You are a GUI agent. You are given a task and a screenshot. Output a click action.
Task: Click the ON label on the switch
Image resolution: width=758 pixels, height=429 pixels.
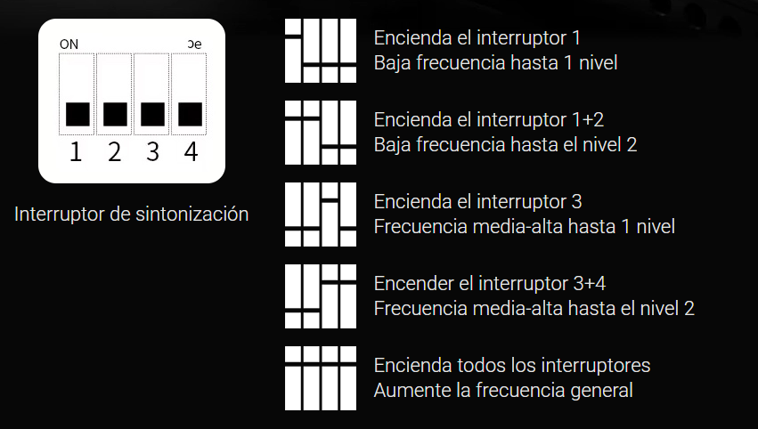pos(69,45)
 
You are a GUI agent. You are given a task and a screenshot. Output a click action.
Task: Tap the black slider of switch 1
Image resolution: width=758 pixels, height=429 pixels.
pos(77,115)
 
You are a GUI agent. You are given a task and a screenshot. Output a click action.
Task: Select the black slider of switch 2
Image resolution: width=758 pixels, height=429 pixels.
pos(115,115)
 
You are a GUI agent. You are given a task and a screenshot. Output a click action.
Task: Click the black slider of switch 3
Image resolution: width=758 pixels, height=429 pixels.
pos(152,115)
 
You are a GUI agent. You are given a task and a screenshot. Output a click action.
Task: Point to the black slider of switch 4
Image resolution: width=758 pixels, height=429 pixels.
pos(190,115)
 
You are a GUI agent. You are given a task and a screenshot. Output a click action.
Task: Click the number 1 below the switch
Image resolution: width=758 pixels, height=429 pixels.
pos(76,151)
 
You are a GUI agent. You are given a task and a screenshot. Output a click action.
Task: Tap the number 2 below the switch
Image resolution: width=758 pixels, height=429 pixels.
pos(114,151)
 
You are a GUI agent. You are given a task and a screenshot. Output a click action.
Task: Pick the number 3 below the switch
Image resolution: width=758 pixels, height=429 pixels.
pos(153,151)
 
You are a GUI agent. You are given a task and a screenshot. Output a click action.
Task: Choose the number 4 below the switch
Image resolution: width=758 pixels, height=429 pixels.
pos(191,151)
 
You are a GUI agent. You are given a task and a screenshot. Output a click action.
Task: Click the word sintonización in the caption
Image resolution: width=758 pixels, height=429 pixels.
pos(192,214)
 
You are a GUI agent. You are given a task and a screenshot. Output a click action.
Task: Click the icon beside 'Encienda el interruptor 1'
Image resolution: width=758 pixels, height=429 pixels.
pos(321,51)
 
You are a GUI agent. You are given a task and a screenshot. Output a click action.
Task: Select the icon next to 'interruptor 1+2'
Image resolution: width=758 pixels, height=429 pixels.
pos(321,133)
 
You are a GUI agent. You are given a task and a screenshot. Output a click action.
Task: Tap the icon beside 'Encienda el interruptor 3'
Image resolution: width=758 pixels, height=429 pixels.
pos(321,214)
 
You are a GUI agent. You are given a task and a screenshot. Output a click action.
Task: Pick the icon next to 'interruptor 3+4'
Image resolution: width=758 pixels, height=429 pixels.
pos(321,296)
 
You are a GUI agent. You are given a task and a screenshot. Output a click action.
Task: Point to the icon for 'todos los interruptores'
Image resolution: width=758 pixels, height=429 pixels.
pos(321,378)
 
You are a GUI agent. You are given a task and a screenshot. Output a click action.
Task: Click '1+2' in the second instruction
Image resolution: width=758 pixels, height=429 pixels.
pos(586,120)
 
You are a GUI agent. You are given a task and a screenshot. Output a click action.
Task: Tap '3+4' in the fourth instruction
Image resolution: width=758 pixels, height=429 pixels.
pos(589,284)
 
